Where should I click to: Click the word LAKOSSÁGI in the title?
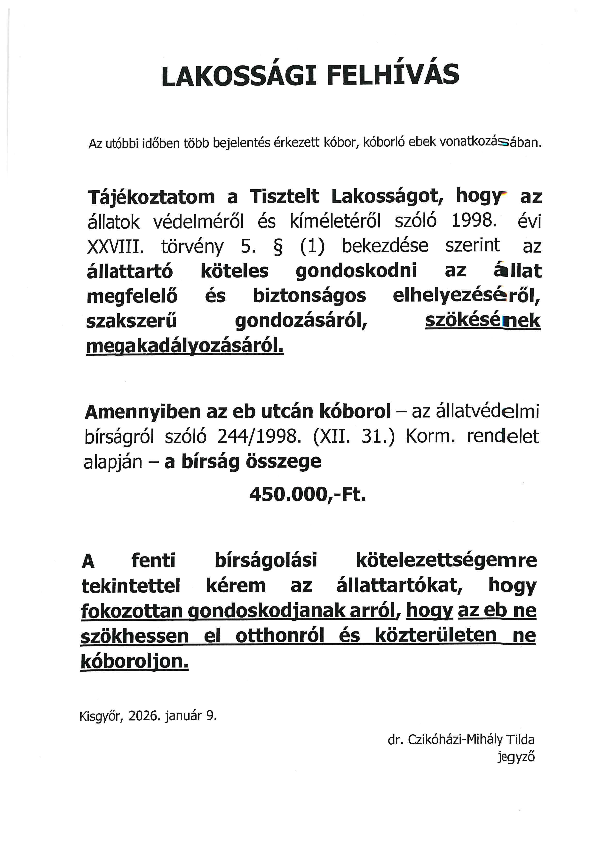point(239,76)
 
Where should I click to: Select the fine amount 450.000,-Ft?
point(307,494)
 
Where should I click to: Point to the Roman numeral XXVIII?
point(115,246)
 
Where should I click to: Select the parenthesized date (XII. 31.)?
point(354,437)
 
